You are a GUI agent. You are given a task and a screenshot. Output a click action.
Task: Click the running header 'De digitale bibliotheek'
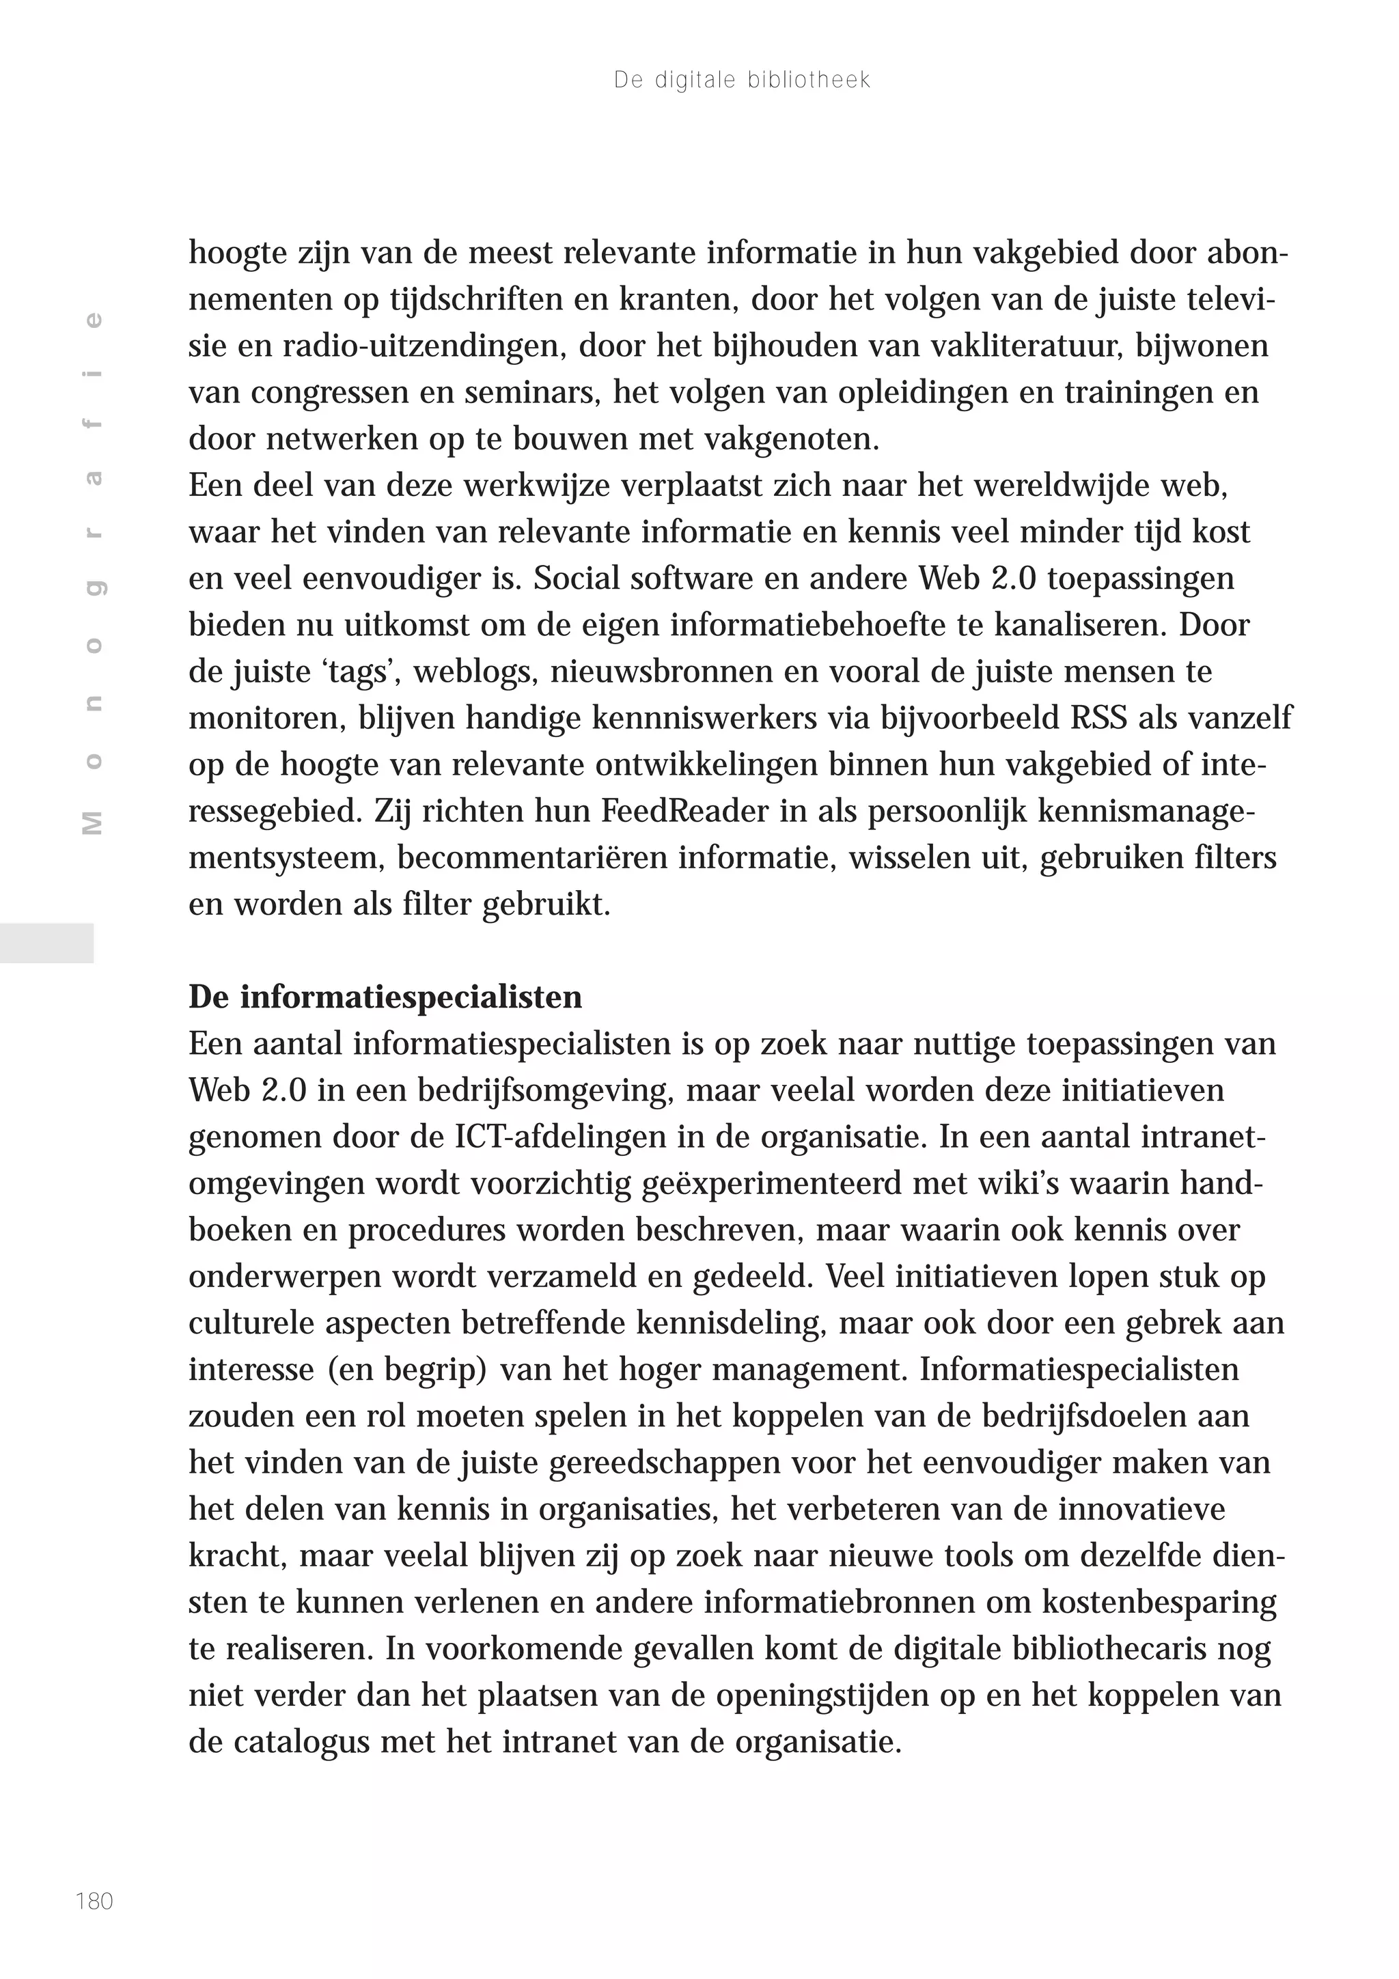(741, 80)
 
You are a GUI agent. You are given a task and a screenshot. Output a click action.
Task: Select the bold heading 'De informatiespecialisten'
(385, 997)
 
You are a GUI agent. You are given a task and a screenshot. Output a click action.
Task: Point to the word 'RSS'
(1098, 718)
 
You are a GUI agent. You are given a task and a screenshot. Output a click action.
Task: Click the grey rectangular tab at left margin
(46, 942)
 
